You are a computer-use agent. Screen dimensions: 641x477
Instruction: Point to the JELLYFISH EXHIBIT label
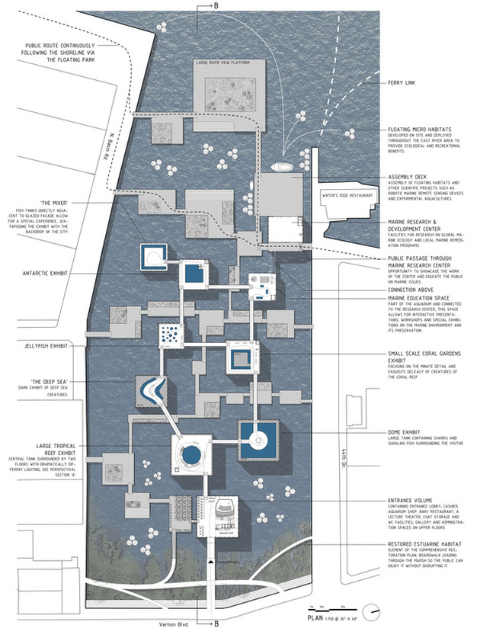pos(45,346)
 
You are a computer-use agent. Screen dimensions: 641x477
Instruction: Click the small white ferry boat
pos(281,167)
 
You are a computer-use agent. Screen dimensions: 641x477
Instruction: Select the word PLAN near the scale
pos(320,620)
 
